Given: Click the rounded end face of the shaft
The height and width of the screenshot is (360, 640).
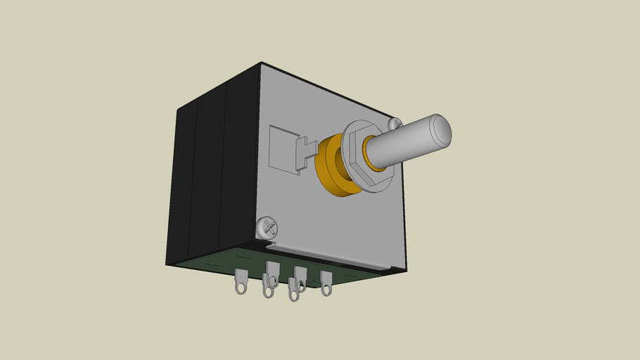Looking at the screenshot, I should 441,131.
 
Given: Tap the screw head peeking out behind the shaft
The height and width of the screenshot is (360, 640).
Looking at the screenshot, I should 395,123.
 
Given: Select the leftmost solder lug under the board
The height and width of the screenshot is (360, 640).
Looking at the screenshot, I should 240,281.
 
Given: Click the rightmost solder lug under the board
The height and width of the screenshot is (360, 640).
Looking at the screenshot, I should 326,283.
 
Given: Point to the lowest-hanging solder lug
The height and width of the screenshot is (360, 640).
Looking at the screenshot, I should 293,290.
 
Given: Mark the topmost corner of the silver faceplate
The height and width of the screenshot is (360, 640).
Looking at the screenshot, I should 262,63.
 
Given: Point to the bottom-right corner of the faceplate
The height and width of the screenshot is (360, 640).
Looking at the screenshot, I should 406,270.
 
